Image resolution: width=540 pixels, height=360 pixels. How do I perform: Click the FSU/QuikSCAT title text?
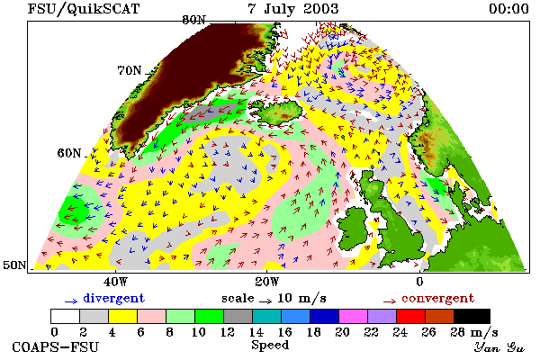pos(84,9)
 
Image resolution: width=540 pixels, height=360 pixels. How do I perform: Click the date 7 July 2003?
pos(293,9)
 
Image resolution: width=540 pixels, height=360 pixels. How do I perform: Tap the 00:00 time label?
pos(508,9)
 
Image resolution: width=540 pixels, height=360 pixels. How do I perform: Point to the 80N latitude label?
pos(193,20)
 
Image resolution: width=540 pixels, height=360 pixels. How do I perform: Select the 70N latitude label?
pos(130,70)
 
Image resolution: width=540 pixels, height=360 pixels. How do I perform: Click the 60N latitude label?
pos(69,153)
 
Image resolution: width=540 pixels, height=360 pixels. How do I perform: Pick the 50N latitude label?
pos(14,265)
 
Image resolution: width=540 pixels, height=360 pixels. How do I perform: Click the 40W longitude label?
pos(115,282)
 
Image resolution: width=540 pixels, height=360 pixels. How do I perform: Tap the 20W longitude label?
pos(267,282)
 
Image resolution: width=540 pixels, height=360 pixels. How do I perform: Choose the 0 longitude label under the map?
pos(419,282)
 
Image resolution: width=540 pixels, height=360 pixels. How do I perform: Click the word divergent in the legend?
pos(113,299)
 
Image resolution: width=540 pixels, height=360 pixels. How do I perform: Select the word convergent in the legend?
pos(437,298)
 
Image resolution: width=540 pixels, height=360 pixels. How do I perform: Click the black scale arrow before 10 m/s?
pos(265,301)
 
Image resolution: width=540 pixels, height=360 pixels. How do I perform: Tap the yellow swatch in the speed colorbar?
pos(122,316)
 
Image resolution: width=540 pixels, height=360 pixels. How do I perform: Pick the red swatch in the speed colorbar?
pos(411,316)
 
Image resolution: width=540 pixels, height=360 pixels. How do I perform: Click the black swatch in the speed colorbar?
pos(472,316)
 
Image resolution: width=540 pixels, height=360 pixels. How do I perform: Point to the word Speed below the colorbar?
pos(270,346)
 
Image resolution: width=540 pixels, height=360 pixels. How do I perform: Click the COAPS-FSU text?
pos(56,346)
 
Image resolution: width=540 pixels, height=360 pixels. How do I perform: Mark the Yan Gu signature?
pos(499,347)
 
